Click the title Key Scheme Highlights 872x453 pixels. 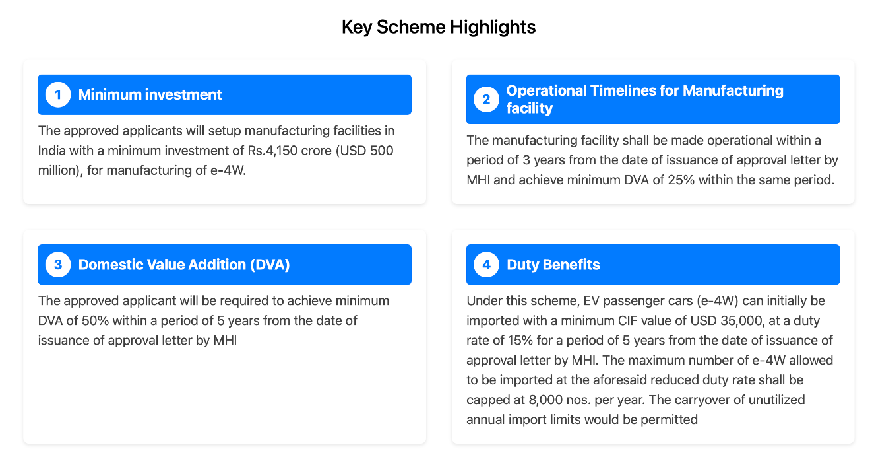click(438, 27)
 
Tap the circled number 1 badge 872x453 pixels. click(58, 94)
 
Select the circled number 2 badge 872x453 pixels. click(486, 100)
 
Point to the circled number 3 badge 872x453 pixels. click(58, 265)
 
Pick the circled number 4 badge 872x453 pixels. click(486, 265)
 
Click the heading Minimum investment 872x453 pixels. click(150, 94)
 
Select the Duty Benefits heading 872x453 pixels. click(553, 265)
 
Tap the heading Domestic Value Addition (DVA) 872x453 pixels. click(184, 265)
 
